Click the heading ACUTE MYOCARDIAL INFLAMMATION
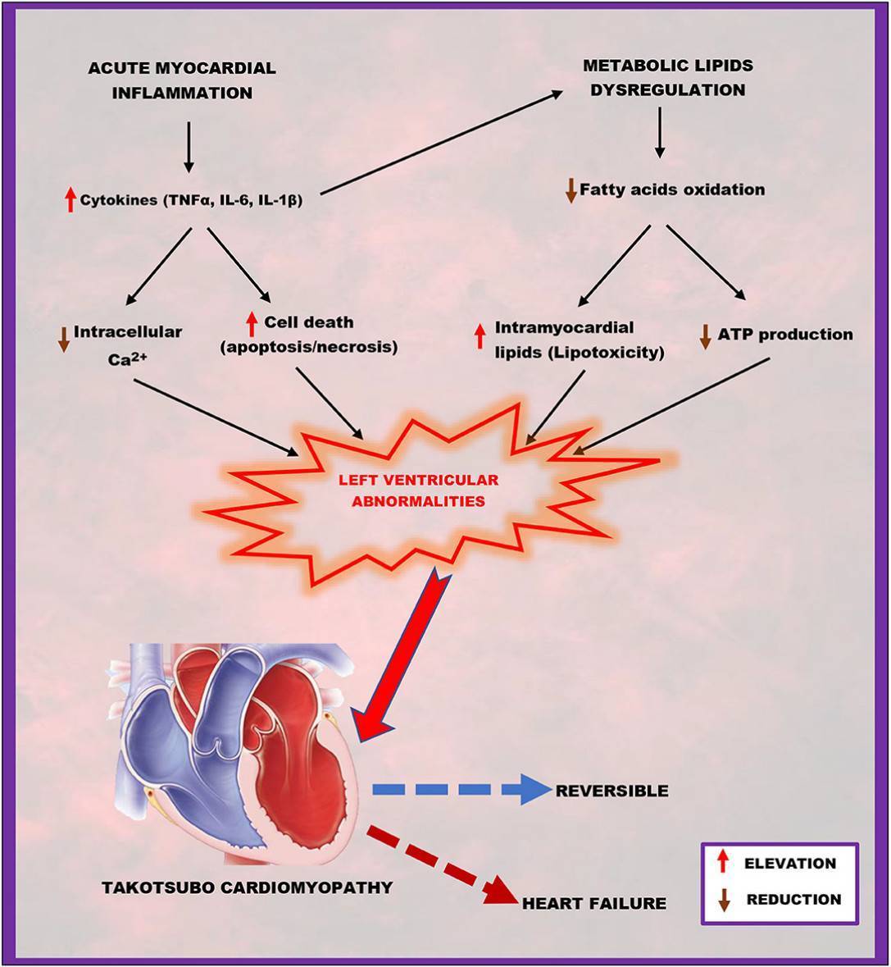(182, 80)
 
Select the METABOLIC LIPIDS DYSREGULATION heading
(668, 78)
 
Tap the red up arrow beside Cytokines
(70, 200)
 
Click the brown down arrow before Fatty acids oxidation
(571, 190)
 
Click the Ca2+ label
(128, 359)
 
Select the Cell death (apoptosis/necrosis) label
(309, 335)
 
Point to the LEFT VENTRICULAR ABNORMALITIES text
(418, 490)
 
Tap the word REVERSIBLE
(611, 791)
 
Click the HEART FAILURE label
(594, 904)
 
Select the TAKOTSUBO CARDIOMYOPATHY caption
(247, 887)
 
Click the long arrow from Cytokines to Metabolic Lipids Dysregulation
(442, 143)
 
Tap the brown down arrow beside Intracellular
(63, 340)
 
